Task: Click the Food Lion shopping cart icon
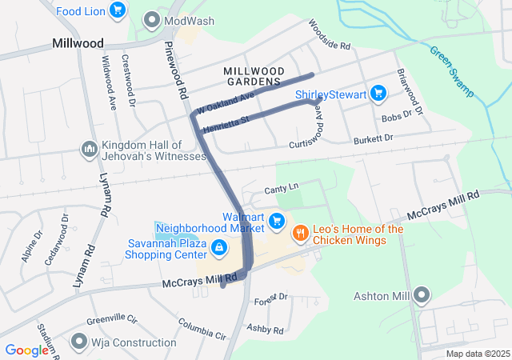[x=118, y=10]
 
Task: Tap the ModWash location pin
[x=151, y=20]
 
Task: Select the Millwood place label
[x=78, y=42]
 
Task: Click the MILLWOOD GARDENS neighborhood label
[x=253, y=76]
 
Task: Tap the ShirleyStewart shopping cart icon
[x=380, y=95]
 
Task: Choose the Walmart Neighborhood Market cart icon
[x=277, y=220]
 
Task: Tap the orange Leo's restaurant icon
[x=301, y=234]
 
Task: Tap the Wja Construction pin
[x=78, y=342]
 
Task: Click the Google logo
[x=26, y=350]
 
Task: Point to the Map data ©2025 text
[x=477, y=354]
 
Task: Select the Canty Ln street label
[x=281, y=188]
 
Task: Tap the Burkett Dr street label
[x=376, y=138]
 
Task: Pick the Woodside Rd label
[x=330, y=36]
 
